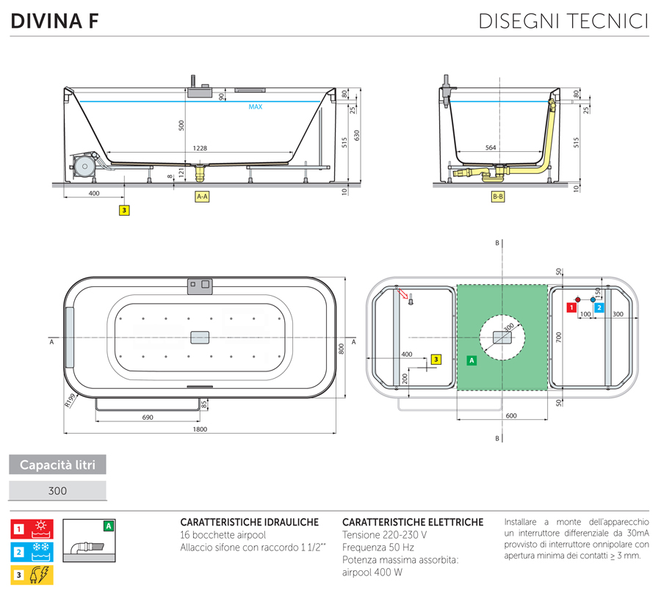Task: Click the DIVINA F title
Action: click(x=55, y=21)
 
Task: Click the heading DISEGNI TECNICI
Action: click(x=563, y=21)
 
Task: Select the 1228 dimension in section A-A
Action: click(x=200, y=148)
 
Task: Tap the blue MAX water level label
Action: click(x=255, y=107)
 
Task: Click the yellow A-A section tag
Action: click(x=202, y=197)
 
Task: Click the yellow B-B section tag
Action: click(x=497, y=197)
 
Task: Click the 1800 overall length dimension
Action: click(x=200, y=429)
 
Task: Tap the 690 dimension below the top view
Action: click(x=147, y=417)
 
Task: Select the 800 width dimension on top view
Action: click(x=341, y=349)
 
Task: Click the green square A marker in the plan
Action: click(x=471, y=360)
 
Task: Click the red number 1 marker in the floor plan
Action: click(x=570, y=308)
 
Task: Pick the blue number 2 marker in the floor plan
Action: click(x=599, y=308)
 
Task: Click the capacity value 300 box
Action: click(x=58, y=491)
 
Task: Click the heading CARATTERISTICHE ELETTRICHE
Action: click(x=413, y=522)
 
